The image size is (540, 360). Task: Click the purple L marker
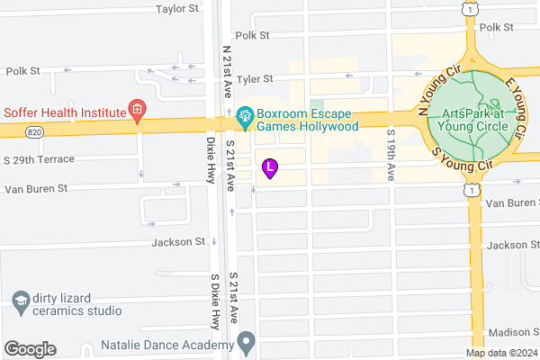coord(270,166)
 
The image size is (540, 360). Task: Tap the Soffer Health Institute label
coord(62,112)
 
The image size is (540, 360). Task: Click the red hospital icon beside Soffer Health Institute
coord(137,112)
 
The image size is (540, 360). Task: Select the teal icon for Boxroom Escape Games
coord(243,115)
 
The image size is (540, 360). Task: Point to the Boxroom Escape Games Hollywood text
coord(307,121)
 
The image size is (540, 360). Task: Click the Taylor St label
coord(176,9)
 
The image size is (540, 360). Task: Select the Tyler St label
coord(266,78)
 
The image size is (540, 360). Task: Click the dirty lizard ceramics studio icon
coord(19,301)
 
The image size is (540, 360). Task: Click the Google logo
coord(30,349)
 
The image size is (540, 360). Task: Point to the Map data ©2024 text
coord(500,354)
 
